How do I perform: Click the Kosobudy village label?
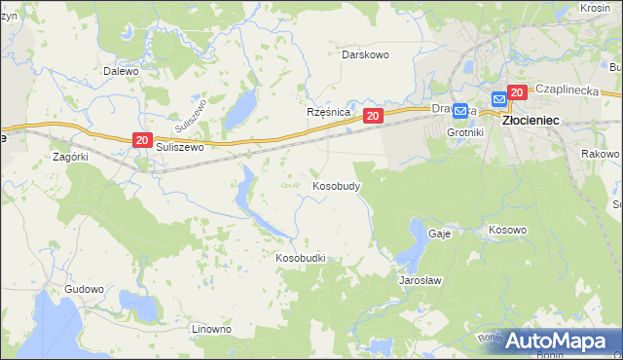pyautogui.click(x=337, y=186)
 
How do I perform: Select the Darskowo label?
pyautogui.click(x=365, y=54)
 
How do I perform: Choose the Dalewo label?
pyautogui.click(x=122, y=71)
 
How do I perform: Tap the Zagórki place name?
pyautogui.click(x=70, y=156)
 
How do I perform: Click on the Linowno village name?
pyautogui.click(x=211, y=329)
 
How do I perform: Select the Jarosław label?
pyautogui.click(x=421, y=280)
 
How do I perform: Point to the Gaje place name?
pyautogui.click(x=438, y=234)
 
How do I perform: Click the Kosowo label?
pyautogui.click(x=507, y=230)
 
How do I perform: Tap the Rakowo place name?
pyautogui.click(x=600, y=154)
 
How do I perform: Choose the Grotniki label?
pyautogui.click(x=464, y=131)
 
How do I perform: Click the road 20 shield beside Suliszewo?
pyautogui.click(x=142, y=141)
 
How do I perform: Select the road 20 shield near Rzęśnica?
pyautogui.click(x=373, y=116)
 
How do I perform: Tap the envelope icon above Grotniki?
pyautogui.click(x=460, y=112)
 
